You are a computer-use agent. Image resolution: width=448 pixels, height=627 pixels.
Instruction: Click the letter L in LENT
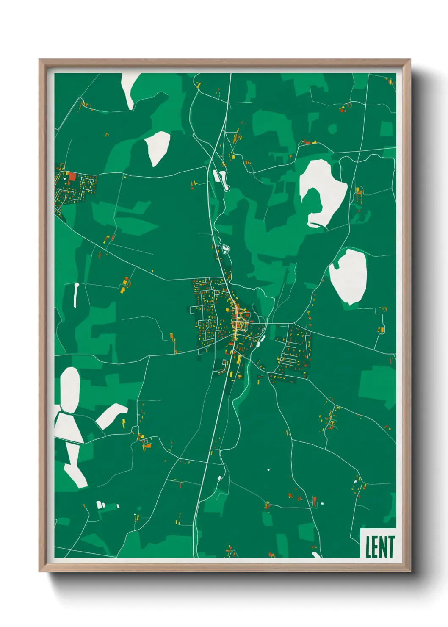(x=368, y=547)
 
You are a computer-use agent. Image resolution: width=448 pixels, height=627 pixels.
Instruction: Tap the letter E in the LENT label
(x=376, y=547)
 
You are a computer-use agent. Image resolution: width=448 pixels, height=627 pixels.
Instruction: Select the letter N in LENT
(x=384, y=547)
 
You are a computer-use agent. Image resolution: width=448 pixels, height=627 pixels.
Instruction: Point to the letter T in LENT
(x=391, y=547)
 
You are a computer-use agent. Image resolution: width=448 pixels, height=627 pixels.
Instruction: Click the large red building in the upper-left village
(x=72, y=177)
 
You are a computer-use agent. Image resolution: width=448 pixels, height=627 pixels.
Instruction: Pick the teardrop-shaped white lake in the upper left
(x=158, y=147)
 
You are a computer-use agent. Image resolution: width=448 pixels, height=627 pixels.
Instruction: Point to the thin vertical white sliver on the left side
(x=76, y=294)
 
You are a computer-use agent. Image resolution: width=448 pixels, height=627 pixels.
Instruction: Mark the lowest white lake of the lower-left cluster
(x=75, y=474)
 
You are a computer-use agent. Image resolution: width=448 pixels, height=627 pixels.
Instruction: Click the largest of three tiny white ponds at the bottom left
(x=100, y=505)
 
